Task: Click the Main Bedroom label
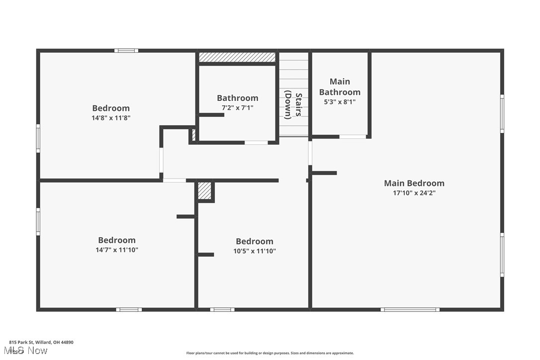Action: (414, 183)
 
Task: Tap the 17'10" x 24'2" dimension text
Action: (414, 193)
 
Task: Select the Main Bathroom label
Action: (340, 87)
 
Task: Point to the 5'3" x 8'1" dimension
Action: (340, 102)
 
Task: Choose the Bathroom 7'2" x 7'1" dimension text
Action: (238, 107)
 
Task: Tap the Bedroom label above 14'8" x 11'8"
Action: (111, 108)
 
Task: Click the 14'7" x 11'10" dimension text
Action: (117, 250)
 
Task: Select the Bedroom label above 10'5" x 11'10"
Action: (255, 241)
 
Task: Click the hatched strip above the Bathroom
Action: (237, 57)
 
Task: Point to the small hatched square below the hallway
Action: (204, 191)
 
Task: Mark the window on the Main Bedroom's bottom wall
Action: (410, 310)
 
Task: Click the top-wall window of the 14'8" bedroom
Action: (126, 50)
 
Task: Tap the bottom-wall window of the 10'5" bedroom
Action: (222, 310)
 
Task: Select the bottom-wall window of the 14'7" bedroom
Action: (129, 310)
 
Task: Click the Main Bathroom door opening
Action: (353, 137)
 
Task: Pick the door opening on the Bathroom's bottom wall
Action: (256, 143)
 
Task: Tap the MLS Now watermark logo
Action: (28, 351)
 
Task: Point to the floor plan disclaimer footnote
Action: (270, 353)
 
